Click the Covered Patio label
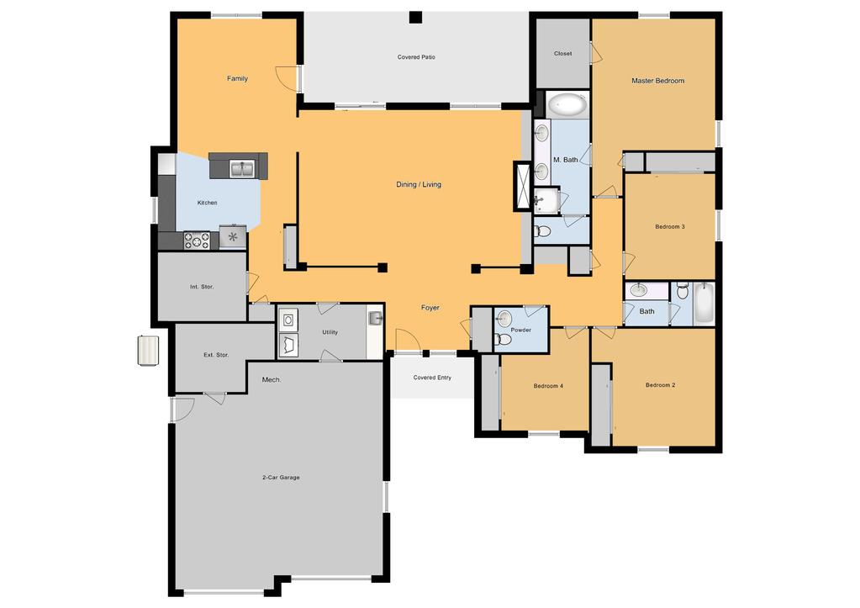[416, 57]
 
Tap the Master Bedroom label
[657, 81]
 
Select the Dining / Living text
[419, 184]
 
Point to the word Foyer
[430, 308]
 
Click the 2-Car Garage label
[281, 478]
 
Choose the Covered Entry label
[432, 378]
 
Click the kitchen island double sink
[242, 168]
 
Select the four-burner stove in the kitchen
[197, 240]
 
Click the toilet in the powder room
[503, 340]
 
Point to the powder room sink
[504, 318]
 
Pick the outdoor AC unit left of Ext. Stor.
[148, 350]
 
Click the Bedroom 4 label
[548, 386]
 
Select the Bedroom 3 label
[670, 226]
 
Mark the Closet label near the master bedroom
[562, 54]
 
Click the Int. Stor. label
[202, 287]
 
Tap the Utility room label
[330, 332]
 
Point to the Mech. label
[272, 380]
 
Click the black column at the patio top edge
[416, 18]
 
